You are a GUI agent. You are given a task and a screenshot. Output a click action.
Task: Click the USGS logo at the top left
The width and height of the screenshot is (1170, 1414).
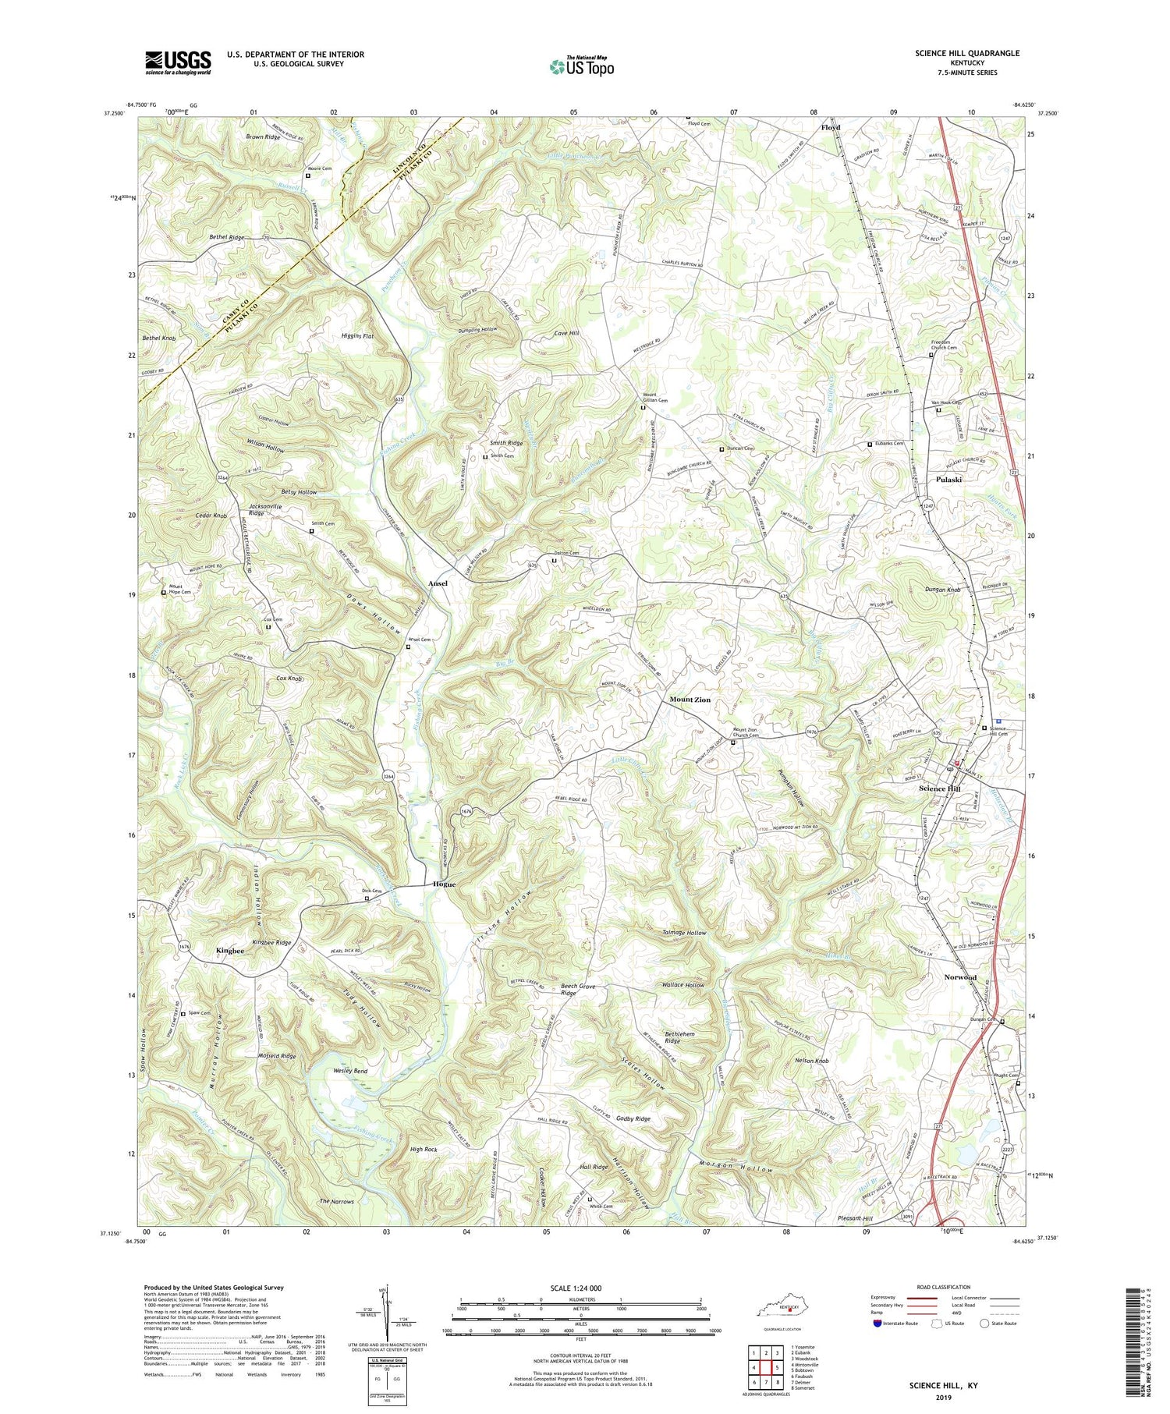coord(178,62)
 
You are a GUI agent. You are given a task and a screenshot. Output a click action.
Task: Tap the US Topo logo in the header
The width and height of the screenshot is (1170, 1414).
coord(580,66)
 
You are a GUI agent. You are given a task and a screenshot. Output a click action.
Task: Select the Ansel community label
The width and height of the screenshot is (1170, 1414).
coord(438,583)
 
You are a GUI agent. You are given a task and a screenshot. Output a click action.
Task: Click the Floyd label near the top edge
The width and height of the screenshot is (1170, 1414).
coord(831,127)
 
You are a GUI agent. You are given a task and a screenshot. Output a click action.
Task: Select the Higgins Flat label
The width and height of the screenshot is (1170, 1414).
coord(360,337)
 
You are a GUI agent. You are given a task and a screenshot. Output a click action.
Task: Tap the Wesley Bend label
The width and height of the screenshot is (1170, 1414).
coord(349,1071)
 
